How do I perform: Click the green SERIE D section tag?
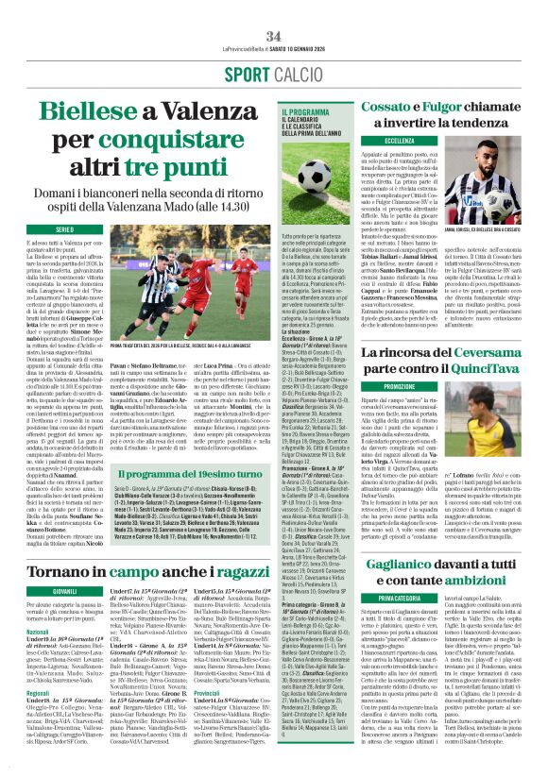(64, 229)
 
